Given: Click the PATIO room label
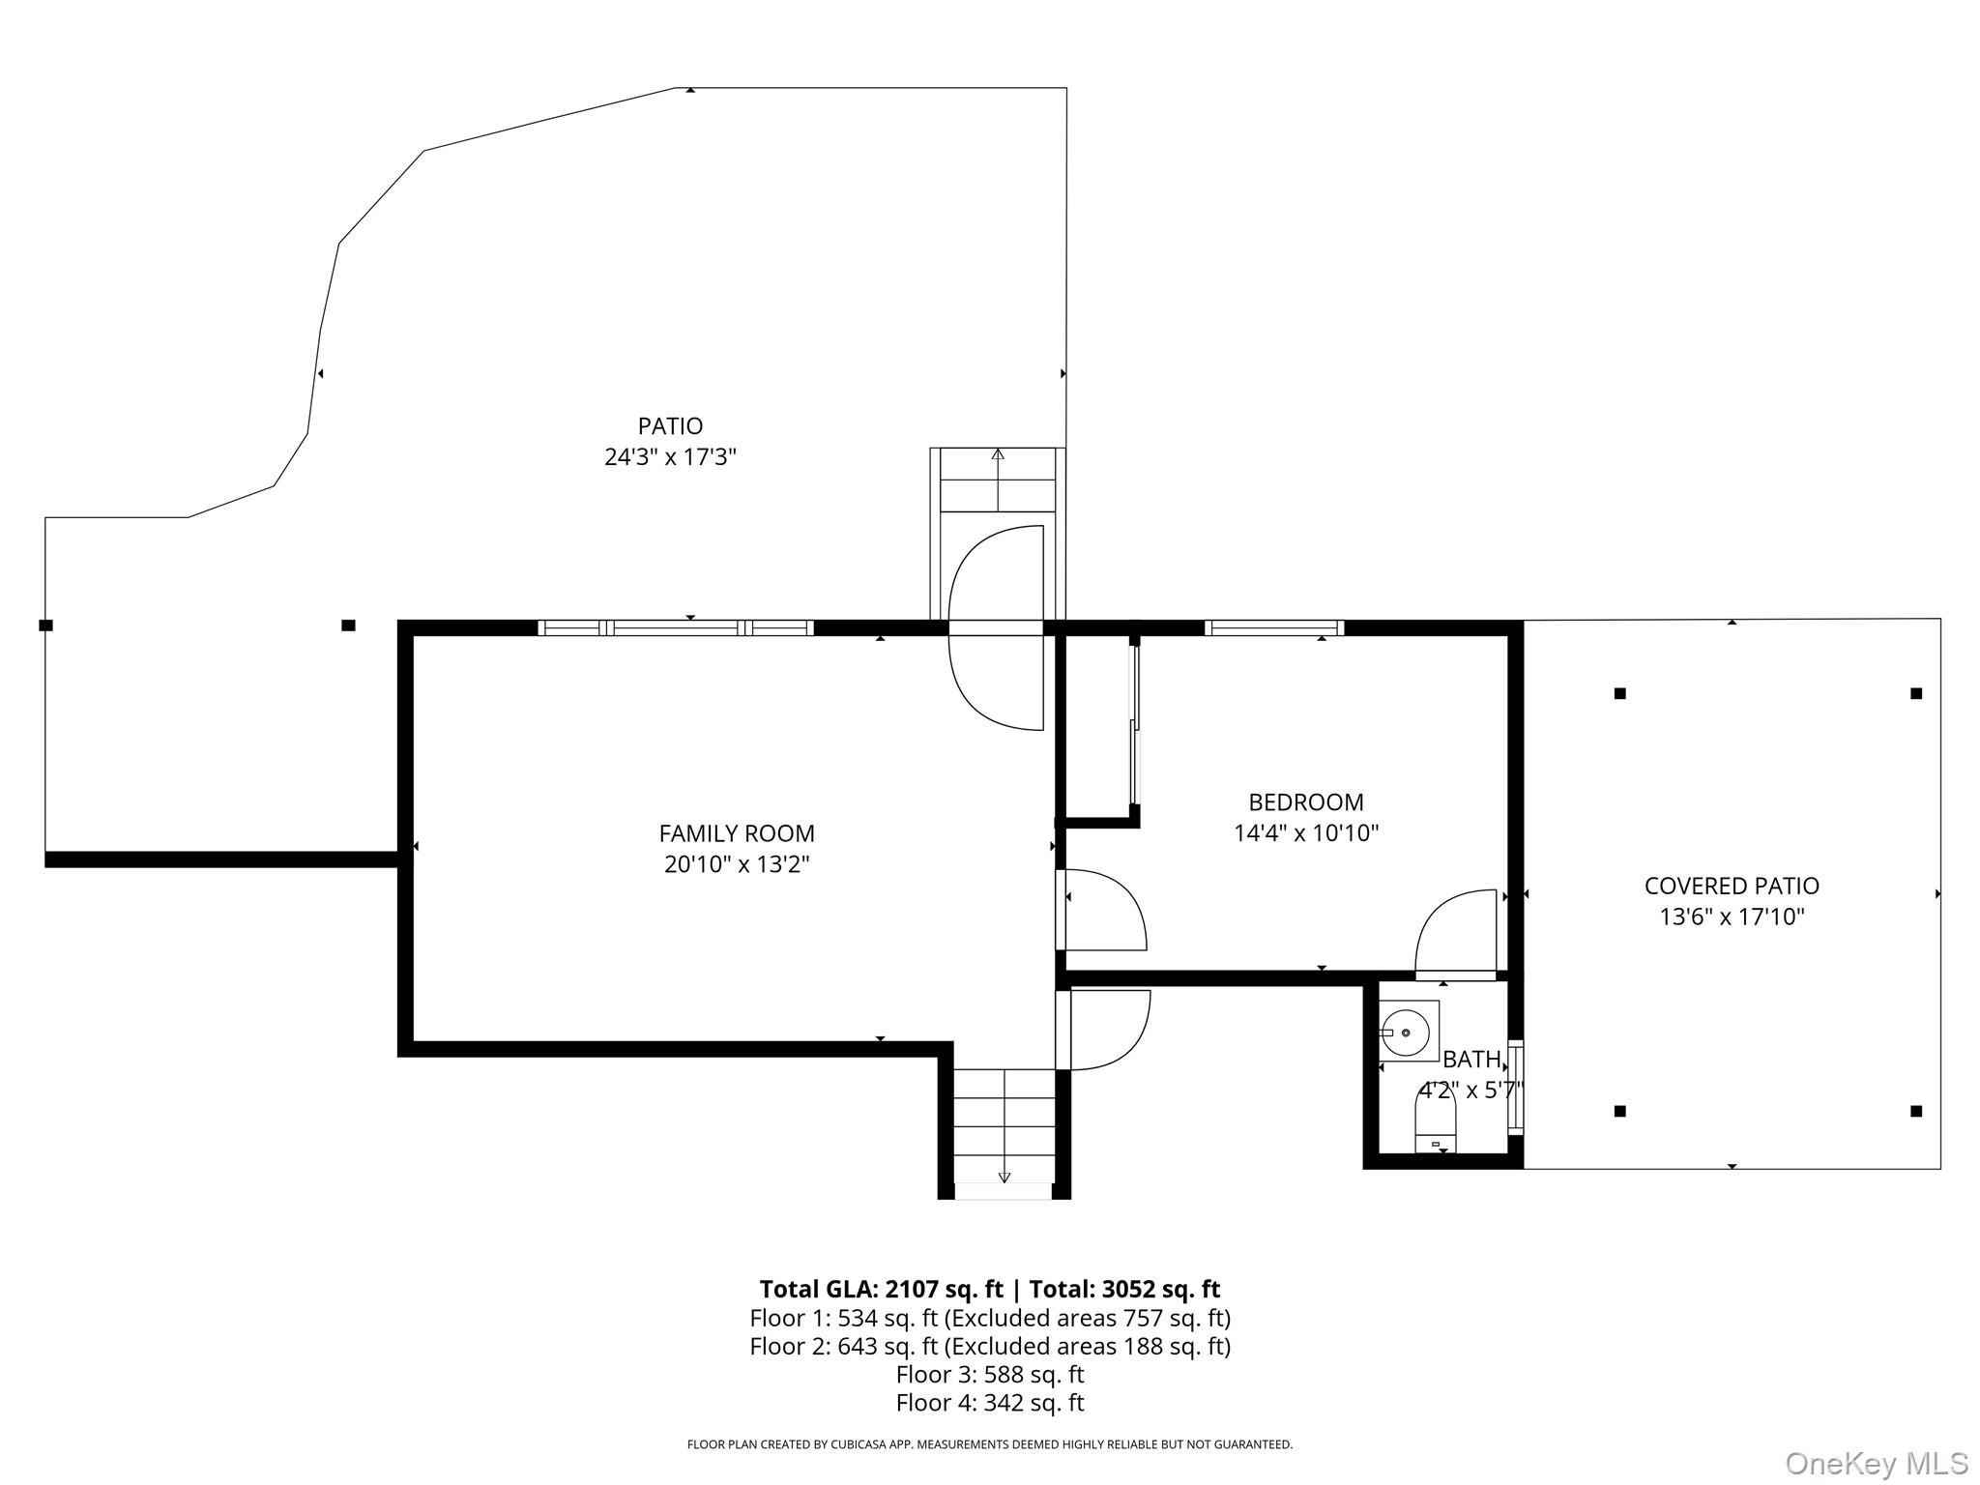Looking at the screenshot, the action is click(x=670, y=425).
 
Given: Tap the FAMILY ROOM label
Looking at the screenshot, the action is click(x=737, y=833).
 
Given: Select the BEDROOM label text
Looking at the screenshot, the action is click(x=1306, y=802).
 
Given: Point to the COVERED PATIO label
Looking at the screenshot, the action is click(x=1732, y=886).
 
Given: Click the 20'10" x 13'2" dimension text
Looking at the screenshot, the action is click(x=737, y=864).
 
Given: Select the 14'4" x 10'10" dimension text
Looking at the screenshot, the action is click(x=1306, y=833).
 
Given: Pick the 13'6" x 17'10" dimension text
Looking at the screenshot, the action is click(x=1732, y=917).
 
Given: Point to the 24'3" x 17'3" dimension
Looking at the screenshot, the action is click(x=670, y=456).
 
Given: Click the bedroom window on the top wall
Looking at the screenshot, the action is click(x=1274, y=627).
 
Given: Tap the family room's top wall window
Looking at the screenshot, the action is click(x=676, y=627).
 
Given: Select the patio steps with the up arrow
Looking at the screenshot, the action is click(x=998, y=480).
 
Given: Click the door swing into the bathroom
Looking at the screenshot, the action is click(x=1455, y=934).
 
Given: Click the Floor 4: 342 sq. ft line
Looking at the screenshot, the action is click(x=990, y=1402).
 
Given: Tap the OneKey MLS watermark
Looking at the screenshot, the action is click(x=1877, y=1463).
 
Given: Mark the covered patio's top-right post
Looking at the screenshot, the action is click(x=1915, y=693).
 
